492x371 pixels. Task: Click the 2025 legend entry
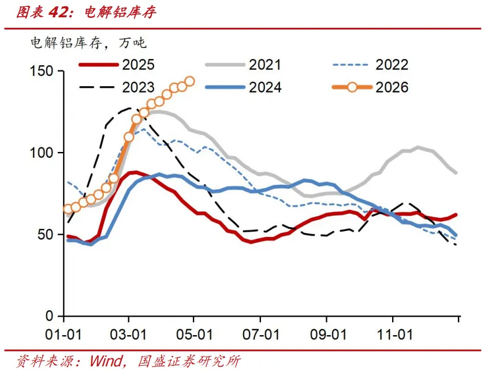117,65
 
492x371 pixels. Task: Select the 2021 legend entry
244,65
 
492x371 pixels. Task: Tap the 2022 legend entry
371,65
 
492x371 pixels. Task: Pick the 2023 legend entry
117,87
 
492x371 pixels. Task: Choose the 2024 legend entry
244,87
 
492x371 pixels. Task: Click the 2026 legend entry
371,87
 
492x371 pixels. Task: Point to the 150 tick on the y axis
42,71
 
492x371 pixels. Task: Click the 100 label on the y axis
42,153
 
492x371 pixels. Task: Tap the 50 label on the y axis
46,235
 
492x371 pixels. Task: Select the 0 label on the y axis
50,316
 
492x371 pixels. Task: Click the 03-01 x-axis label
128,335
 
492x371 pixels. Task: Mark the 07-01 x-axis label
261,335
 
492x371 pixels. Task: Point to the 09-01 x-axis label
328,335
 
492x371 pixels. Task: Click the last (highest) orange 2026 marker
190,81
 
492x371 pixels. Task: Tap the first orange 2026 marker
68,209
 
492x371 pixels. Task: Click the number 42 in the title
59,13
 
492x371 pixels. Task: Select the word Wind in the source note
106,361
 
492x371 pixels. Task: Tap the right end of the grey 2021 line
456,173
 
